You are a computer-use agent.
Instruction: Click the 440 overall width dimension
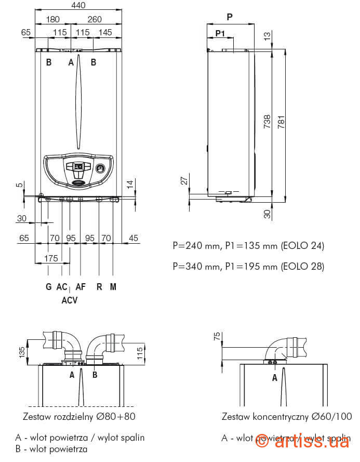click(x=78, y=6)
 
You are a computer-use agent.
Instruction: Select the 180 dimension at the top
click(x=52, y=20)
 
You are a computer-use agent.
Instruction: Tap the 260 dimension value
click(x=95, y=20)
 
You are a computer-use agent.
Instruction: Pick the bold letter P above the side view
click(x=230, y=17)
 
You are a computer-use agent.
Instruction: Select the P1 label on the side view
click(x=220, y=33)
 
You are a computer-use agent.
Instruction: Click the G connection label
click(x=48, y=287)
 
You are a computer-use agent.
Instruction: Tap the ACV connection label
click(x=69, y=300)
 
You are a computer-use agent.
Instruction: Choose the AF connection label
click(x=81, y=287)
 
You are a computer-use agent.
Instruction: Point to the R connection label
click(x=99, y=287)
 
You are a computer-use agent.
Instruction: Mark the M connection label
click(x=113, y=287)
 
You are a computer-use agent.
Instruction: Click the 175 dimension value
click(x=51, y=258)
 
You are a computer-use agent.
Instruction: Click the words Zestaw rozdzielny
click(x=56, y=416)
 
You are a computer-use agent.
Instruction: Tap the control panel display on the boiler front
click(x=78, y=167)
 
